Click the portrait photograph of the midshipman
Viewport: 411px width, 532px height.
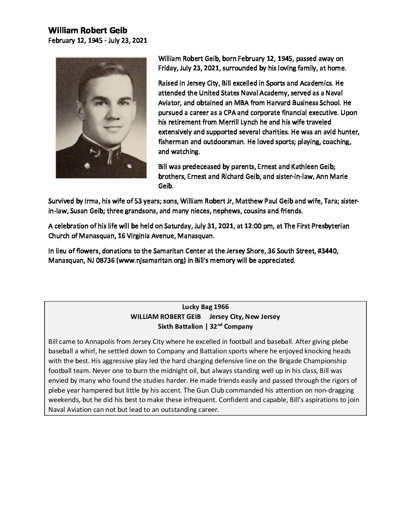(x=101, y=117)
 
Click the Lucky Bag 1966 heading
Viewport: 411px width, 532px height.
(x=205, y=306)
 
